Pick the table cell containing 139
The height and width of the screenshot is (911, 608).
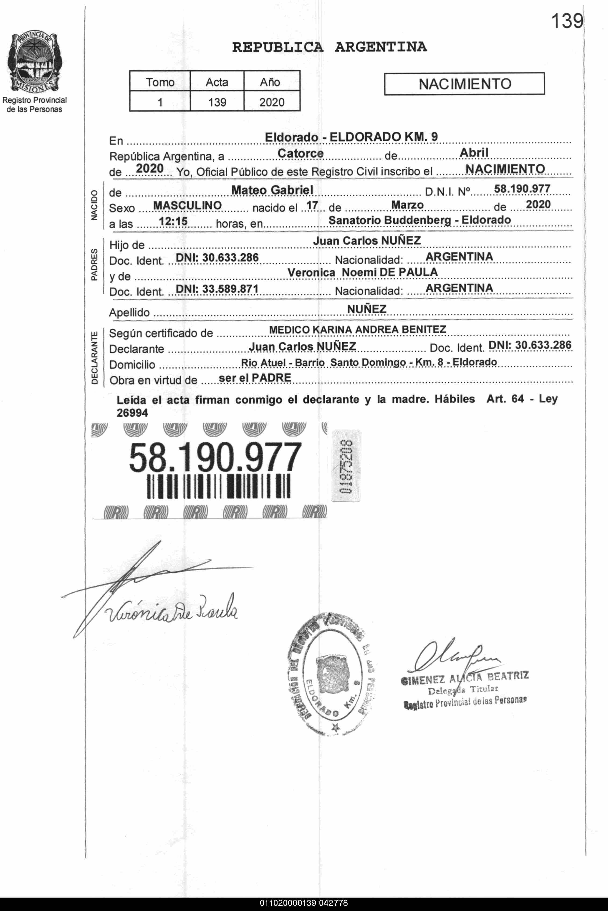(217, 102)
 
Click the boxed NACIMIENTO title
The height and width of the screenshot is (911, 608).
(464, 84)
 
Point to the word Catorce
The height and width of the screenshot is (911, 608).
(301, 153)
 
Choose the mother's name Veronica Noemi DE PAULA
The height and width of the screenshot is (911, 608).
(362, 272)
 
